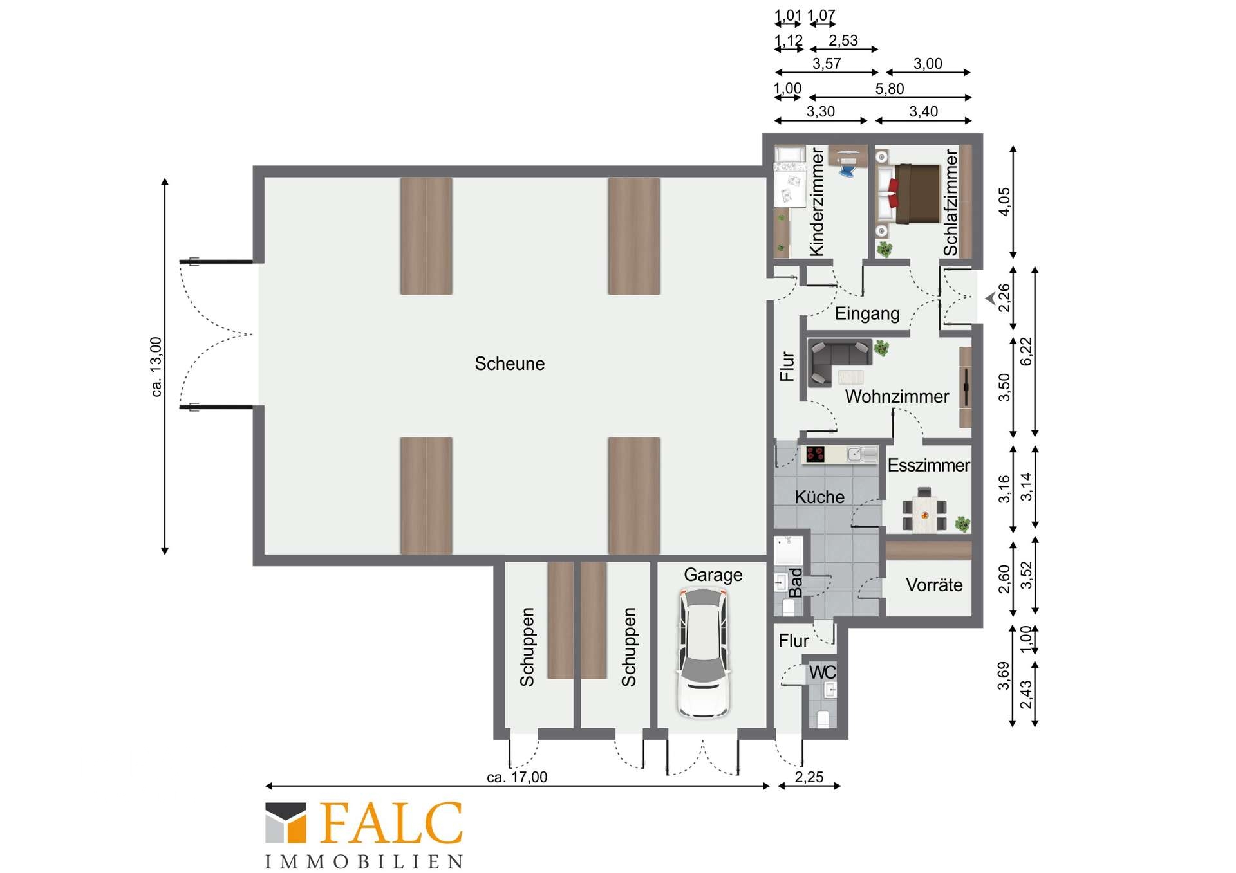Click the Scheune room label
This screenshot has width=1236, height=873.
[509, 363]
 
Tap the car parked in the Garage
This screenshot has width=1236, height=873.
[704, 652]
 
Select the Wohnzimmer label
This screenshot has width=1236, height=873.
[897, 396]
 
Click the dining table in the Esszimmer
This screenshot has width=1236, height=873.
[924, 510]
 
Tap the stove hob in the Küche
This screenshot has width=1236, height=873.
[816, 454]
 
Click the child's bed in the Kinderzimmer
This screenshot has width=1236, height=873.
[790, 178]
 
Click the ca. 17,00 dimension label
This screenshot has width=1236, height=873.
[517, 777]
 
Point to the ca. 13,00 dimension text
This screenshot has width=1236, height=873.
[156, 367]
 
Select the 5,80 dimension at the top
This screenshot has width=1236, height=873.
[889, 89]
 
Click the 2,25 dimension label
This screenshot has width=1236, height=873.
[809, 777]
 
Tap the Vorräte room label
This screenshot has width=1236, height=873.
[934, 585]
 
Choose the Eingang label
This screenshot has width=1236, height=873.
[867, 314]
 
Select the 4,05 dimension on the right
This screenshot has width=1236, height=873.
[1004, 201]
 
